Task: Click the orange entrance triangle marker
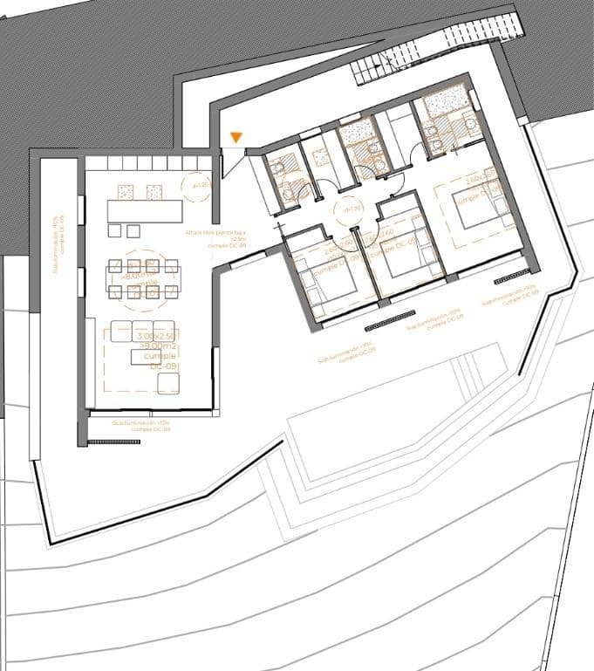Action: [x=236, y=138]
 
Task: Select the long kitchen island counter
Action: [x=145, y=211]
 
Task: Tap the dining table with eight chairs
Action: [x=142, y=280]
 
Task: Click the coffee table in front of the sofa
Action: [x=147, y=356]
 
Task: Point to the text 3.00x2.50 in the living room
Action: [x=156, y=336]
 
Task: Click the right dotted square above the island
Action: [x=154, y=190]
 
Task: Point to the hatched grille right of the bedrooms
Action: [x=512, y=281]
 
